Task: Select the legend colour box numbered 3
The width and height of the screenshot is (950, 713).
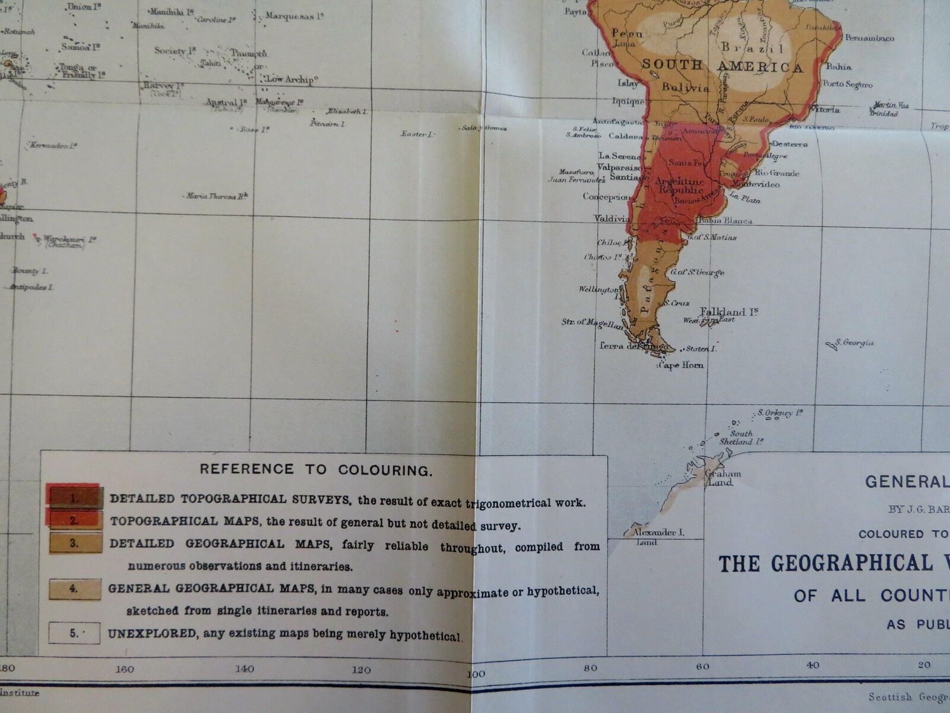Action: (x=75, y=543)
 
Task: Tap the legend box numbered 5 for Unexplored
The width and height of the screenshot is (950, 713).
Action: (x=74, y=633)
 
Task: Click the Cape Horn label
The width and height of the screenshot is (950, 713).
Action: (x=682, y=365)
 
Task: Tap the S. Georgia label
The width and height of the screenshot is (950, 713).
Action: (x=854, y=343)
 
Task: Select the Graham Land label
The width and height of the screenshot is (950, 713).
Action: (x=723, y=478)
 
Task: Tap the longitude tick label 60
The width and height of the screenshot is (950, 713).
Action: (x=702, y=667)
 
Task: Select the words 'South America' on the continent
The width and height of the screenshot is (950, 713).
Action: (x=722, y=66)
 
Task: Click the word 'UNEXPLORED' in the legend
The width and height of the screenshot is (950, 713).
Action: (x=152, y=634)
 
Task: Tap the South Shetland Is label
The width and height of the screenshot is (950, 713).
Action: (x=740, y=437)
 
